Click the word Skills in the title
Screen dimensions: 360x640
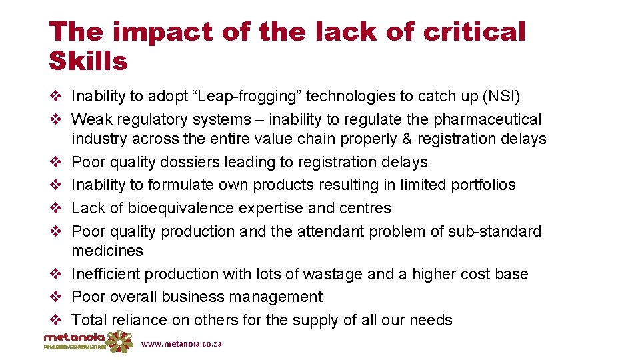(88, 61)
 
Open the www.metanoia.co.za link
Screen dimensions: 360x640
(181, 344)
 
